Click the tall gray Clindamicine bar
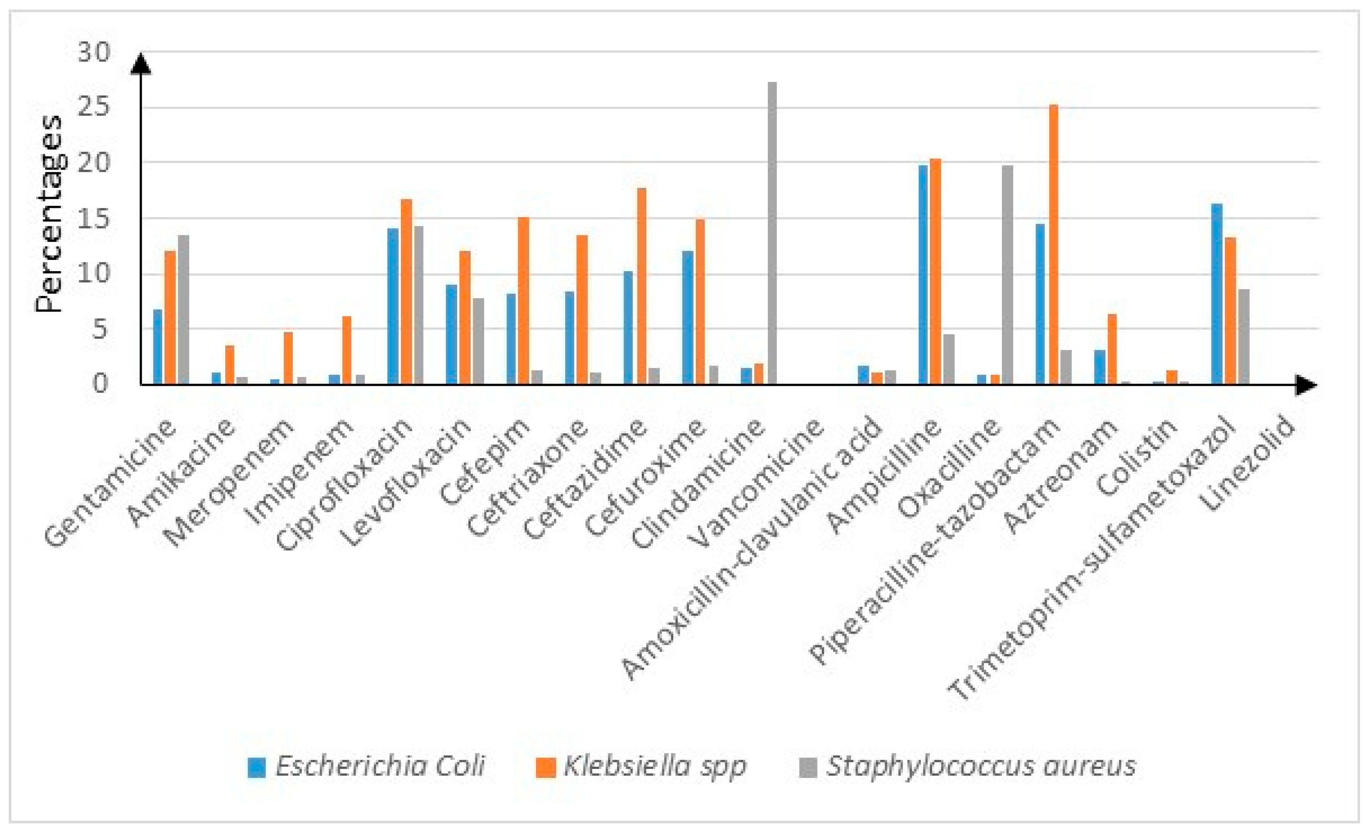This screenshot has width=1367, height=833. tap(772, 233)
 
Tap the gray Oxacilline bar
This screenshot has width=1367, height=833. tap(1007, 275)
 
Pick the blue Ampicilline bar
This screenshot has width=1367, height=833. tap(923, 275)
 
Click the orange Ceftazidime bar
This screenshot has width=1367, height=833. tap(641, 286)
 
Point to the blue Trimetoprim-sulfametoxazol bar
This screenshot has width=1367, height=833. tap(1217, 294)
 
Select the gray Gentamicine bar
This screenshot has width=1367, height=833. tap(183, 309)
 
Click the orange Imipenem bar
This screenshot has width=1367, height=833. tap(347, 350)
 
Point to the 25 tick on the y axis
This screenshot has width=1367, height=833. tap(94, 108)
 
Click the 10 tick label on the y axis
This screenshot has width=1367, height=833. tap(94, 274)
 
